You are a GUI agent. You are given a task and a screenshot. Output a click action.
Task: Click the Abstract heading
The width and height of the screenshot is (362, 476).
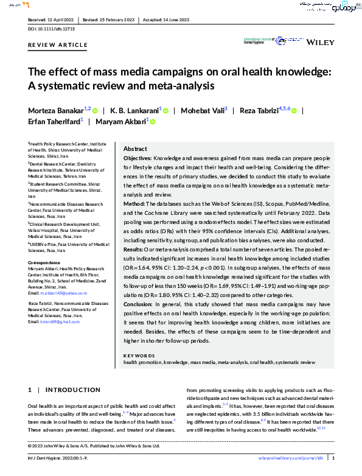pyautogui.click(x=135, y=149)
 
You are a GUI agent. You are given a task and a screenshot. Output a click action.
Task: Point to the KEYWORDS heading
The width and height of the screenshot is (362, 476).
pyautogui.click(x=139, y=355)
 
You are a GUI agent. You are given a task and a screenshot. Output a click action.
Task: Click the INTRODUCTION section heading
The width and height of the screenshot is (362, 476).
pyautogui.click(x=73, y=390)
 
